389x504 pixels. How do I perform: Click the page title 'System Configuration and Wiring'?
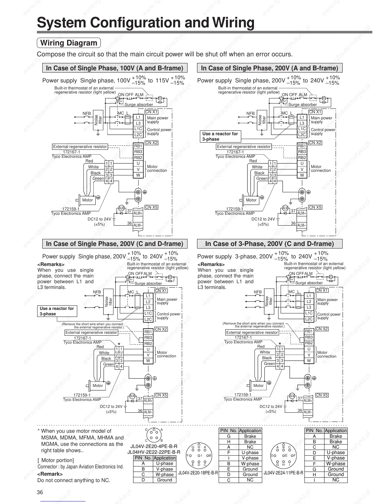pyautogui.click(x=146, y=23)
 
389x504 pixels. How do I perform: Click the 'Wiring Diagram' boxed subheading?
pyautogui.click(x=69, y=43)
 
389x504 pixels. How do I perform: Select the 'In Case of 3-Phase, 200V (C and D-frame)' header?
pyautogui.click(x=270, y=244)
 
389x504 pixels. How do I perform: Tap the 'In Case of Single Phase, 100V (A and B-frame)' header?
pyautogui.click(x=115, y=68)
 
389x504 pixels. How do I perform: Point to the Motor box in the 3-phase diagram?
pyautogui.click(x=258, y=386)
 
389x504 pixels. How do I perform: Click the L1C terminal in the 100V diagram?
pyautogui.click(x=138, y=129)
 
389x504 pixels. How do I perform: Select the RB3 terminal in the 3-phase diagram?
pyautogui.click(x=309, y=337)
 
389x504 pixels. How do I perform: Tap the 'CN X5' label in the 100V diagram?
pyautogui.click(x=151, y=207)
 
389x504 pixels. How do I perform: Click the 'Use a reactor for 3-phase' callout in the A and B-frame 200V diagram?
pyautogui.click(x=220, y=136)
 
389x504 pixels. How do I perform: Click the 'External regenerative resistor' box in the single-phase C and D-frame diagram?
pyautogui.click(x=91, y=332)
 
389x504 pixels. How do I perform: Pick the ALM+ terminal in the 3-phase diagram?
pyautogui.click(x=308, y=401)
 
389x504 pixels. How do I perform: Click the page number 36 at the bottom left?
pyautogui.click(x=40, y=493)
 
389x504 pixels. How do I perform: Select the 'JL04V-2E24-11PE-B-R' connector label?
pyautogui.click(x=283, y=473)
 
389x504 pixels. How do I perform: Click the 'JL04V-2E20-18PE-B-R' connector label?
pyautogui.click(x=198, y=473)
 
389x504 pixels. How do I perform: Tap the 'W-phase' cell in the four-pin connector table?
pyautogui.click(x=164, y=474)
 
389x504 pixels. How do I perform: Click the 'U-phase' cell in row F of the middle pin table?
pyautogui.click(x=250, y=452)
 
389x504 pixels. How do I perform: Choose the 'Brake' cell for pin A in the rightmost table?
pyautogui.click(x=336, y=436)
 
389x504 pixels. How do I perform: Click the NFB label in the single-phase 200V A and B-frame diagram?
pyautogui.click(x=250, y=113)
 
